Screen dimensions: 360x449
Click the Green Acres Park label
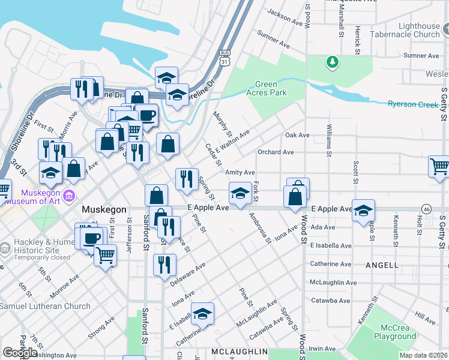(270, 88)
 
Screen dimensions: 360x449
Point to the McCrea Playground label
(394, 332)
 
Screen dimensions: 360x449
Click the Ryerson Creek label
(413, 104)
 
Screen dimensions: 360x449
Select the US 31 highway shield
(224, 58)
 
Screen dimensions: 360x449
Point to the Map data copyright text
(424, 354)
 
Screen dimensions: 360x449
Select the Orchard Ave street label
(276, 152)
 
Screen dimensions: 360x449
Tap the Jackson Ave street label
(285, 17)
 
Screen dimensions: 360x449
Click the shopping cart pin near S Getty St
(440, 166)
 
